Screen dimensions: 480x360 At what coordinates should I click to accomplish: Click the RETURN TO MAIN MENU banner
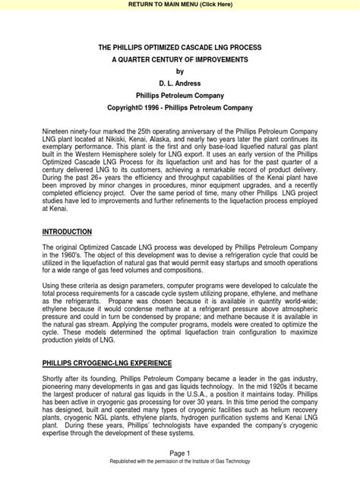click(x=179, y=5)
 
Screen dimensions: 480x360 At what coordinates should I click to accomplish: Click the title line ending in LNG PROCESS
click(x=180, y=46)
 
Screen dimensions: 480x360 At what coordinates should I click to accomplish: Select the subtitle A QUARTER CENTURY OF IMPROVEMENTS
click(x=180, y=58)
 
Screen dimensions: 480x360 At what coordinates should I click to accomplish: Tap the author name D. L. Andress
click(x=180, y=84)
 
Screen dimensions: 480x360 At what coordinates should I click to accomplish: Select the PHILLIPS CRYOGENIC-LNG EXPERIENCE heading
click(x=106, y=365)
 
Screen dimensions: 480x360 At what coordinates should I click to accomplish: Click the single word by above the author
click(x=180, y=71)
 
